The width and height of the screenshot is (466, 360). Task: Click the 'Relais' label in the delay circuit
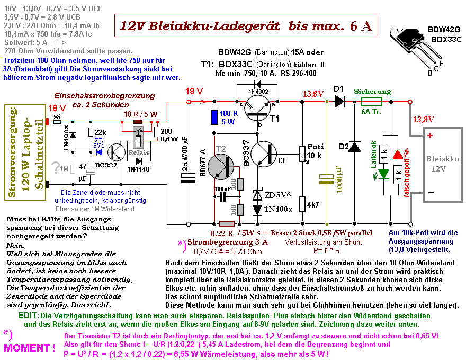coord(139,153)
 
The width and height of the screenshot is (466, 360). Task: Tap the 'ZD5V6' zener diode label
coord(277,194)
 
